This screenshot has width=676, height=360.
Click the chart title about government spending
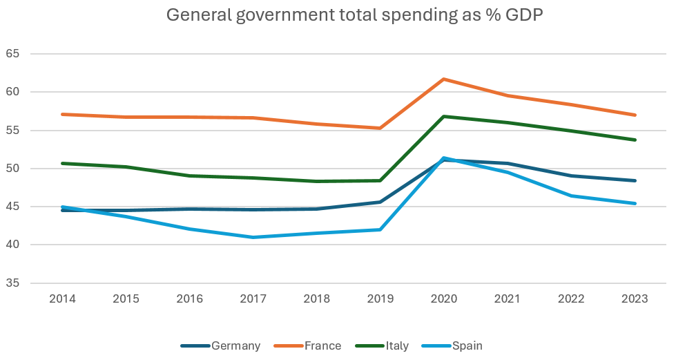click(354, 16)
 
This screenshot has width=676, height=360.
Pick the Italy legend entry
click(397, 345)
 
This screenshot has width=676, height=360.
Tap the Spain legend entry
click(467, 345)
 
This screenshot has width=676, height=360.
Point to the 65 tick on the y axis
click(14, 53)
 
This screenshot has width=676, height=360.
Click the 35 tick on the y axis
click(14, 283)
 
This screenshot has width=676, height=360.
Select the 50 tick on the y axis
click(14, 169)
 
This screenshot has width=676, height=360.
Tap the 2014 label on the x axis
click(63, 299)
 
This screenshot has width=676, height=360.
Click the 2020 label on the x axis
click(444, 299)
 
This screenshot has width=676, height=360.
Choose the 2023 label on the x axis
click(635, 299)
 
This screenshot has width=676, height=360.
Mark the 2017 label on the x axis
click(253, 299)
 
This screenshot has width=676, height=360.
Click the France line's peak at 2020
click(444, 79)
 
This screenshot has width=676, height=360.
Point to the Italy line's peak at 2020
click(444, 116)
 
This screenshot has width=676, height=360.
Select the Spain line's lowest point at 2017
click(253, 237)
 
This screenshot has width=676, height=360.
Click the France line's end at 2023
click(635, 115)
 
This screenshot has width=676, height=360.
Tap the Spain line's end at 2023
click(635, 203)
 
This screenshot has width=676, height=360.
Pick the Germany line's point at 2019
click(380, 202)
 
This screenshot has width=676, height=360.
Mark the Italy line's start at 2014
click(63, 163)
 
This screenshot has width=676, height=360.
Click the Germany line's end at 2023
click(635, 180)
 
